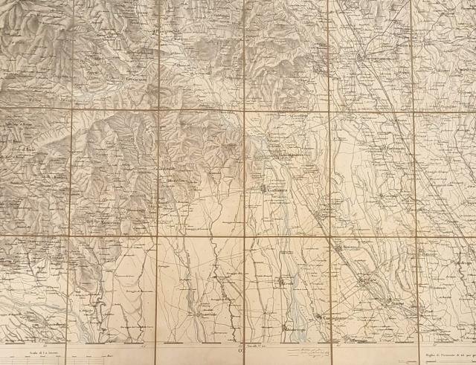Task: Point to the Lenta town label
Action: pyautogui.click(x=287, y=282)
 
